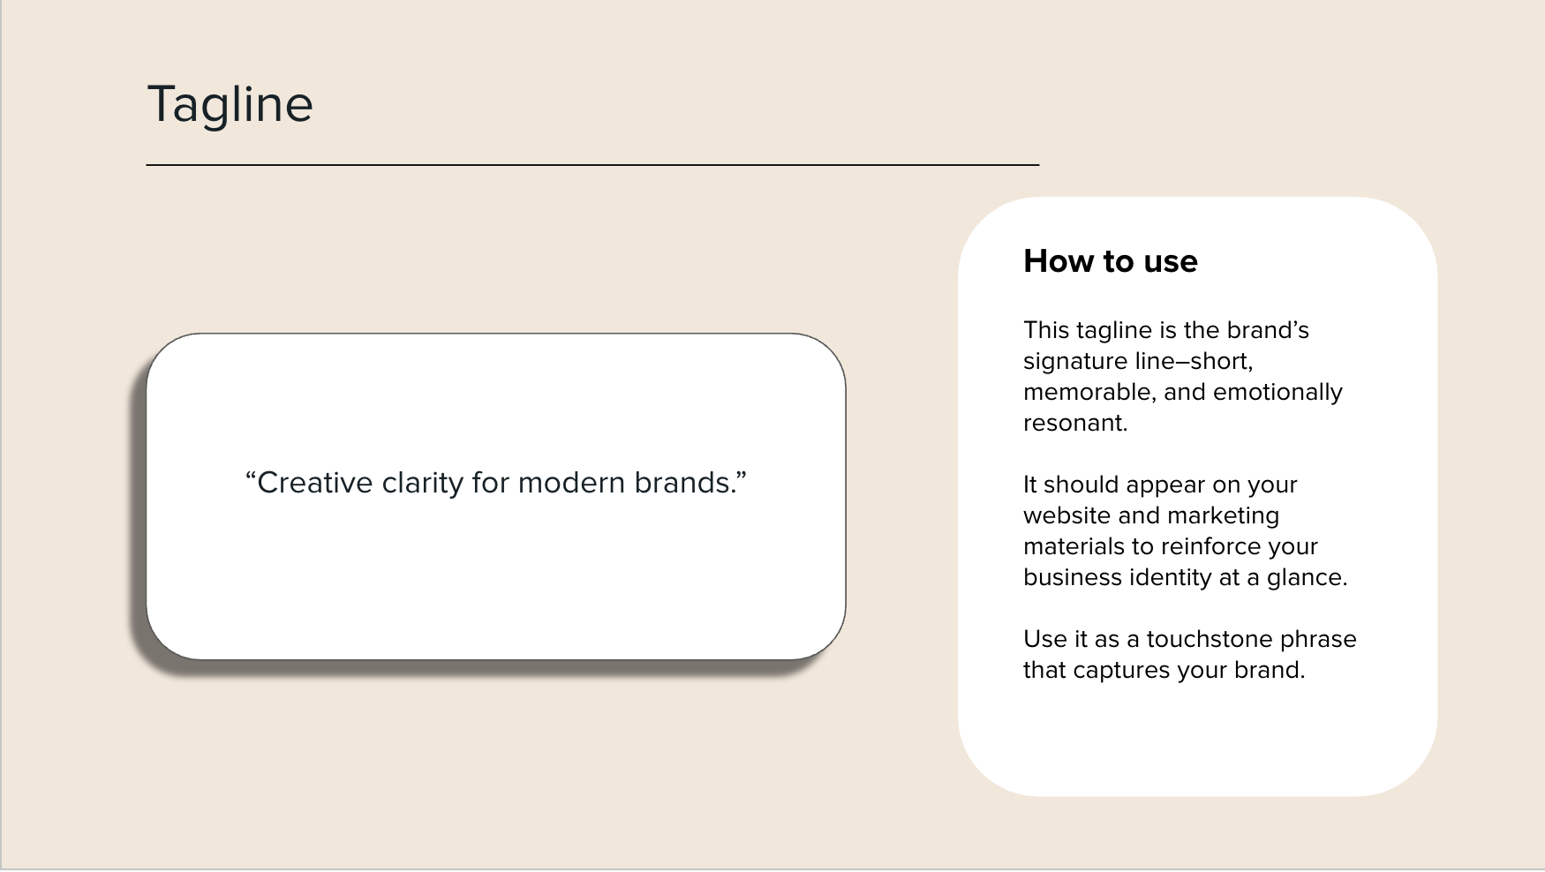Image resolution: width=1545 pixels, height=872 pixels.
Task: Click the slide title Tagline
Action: point(230,105)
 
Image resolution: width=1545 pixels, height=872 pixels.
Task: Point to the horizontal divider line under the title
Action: point(592,164)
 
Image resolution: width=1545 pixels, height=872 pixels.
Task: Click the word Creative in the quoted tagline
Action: point(314,483)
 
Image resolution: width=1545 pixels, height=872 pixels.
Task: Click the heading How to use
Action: point(1110,261)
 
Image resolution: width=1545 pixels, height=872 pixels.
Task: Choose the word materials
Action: point(1073,546)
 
